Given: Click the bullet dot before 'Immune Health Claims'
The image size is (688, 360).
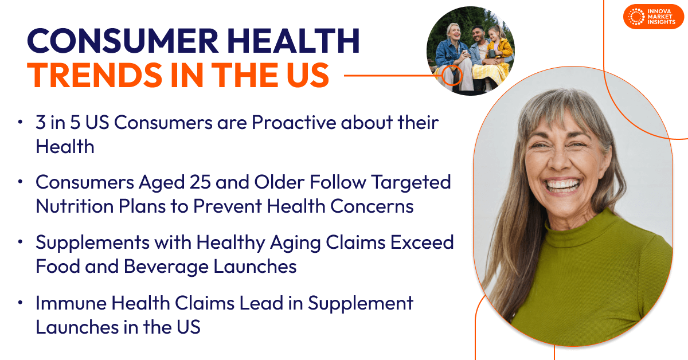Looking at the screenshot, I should click(21, 302).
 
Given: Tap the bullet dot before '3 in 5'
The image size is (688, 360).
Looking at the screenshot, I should click(21, 122).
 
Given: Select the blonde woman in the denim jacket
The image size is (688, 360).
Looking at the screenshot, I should click(450, 49).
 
